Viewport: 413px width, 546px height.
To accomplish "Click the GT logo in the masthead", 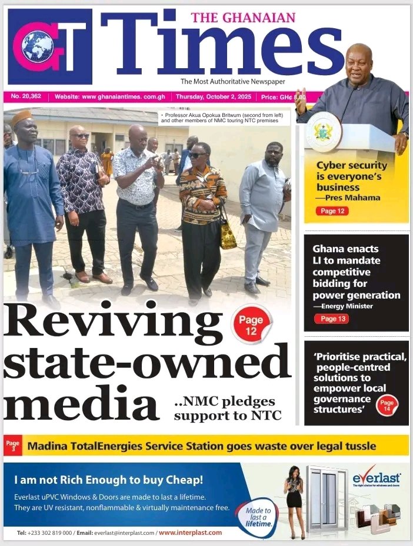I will [x=51, y=46].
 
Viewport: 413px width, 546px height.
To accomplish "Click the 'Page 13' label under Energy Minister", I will [x=332, y=319].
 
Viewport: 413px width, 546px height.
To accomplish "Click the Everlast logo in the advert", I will [x=377, y=478].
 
